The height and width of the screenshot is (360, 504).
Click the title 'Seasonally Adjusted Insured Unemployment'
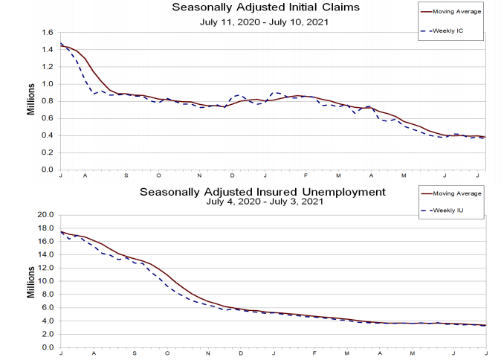click(262, 191)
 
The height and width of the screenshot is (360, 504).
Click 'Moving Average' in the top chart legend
click(459, 12)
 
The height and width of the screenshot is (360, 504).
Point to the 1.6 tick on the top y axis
click(48, 33)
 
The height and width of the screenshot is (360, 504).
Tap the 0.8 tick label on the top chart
click(48, 101)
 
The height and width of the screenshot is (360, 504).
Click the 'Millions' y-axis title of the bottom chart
click(32, 280)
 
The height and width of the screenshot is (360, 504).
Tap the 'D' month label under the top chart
click(233, 175)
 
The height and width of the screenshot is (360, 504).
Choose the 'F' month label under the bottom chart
click(315, 353)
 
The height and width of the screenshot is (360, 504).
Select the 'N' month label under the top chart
click(199, 175)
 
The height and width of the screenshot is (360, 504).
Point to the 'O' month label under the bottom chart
click(167, 353)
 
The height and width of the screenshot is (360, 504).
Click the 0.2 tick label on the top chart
click(48, 152)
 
